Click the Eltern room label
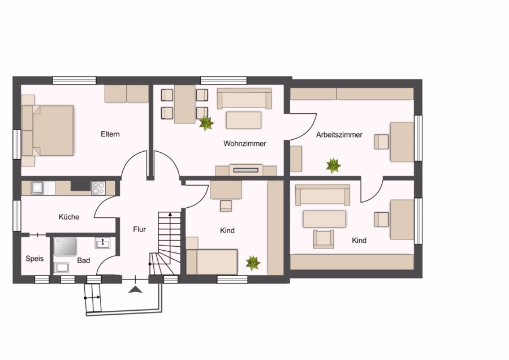click(110, 134)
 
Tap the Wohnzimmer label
click(245, 144)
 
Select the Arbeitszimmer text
click(339, 135)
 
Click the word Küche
click(69, 217)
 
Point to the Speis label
click(34, 259)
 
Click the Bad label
click(84, 260)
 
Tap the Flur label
click(139, 229)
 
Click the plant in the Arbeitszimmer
click(333, 166)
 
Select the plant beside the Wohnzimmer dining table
click(206, 123)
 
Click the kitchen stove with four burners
click(98, 188)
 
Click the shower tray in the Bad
click(65, 247)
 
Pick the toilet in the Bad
click(61, 267)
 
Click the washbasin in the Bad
click(102, 243)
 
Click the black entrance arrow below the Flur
click(135, 290)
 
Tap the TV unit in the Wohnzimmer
click(246, 170)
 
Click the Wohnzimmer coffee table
click(243, 120)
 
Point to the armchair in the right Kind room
click(323, 239)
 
